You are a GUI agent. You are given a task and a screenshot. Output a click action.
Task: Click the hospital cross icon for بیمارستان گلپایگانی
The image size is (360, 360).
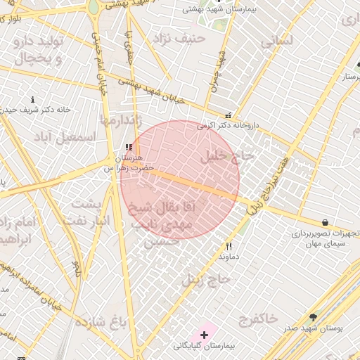click(x=204, y=335)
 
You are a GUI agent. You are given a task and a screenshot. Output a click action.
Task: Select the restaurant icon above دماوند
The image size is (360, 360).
click(x=229, y=247)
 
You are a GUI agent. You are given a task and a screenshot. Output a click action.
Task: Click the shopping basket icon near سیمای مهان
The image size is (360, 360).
click(x=324, y=221)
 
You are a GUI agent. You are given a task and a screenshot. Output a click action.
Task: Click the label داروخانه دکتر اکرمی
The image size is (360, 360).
click(x=228, y=125)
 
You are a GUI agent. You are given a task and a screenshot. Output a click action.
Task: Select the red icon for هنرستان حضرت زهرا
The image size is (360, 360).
click(x=127, y=147)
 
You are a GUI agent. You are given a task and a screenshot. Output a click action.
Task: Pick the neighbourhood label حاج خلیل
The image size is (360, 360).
click(x=226, y=157)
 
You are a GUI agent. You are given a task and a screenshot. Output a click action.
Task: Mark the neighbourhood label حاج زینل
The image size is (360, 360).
click(x=206, y=278)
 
